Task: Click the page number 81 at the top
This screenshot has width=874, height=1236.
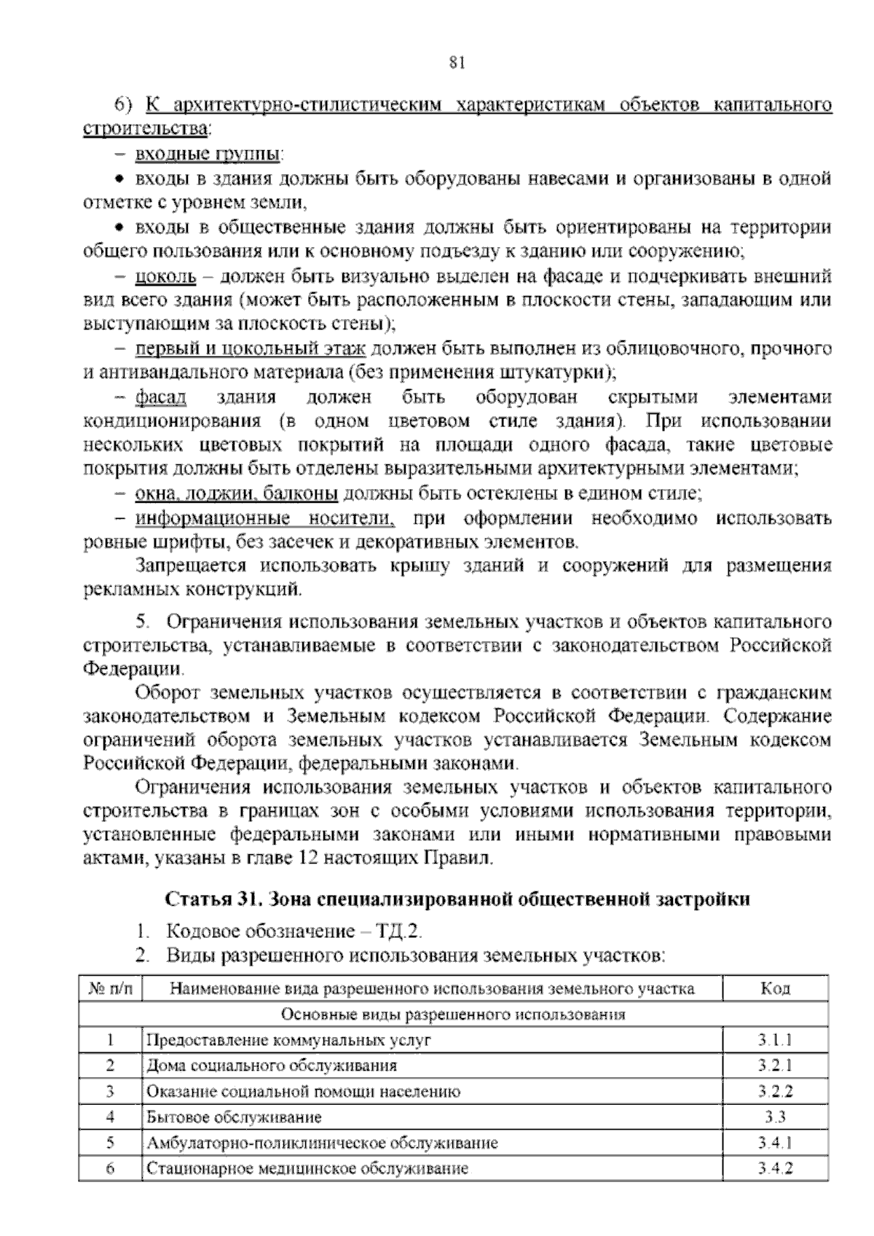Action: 457,63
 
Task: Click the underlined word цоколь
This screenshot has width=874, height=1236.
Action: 165,276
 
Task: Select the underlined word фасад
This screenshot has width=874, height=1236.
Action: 161,397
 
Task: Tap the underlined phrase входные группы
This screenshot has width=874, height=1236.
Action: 208,154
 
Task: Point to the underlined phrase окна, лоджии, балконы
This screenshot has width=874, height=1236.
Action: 236,493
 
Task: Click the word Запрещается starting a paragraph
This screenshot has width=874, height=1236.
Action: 192,566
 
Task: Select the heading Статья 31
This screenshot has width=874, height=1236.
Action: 215,899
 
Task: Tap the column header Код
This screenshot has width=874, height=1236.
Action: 775,989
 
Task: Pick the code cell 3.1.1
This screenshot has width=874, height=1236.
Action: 775,1040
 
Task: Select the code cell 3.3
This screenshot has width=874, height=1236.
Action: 775,1116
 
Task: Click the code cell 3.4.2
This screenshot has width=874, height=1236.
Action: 775,1168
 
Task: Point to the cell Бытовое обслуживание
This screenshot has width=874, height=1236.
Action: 234,1117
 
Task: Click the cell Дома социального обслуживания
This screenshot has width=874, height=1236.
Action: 272,1066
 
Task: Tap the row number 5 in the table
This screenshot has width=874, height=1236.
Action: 111,1143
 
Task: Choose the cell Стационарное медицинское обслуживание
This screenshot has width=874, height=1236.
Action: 307,1169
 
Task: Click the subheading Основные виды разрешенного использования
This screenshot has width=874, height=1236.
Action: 453,1014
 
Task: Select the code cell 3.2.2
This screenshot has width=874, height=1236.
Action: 775,1091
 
